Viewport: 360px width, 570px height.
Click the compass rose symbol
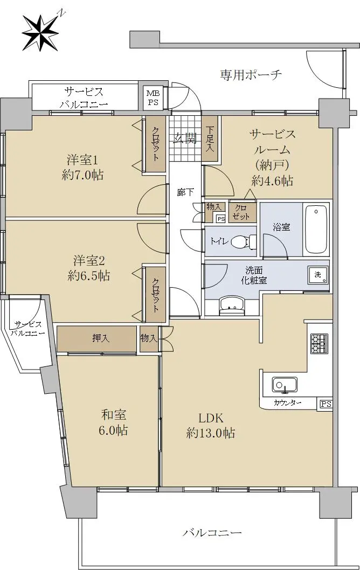click(x=40, y=33)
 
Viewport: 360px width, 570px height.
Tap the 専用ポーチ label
click(x=251, y=75)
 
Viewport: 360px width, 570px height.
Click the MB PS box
click(x=153, y=98)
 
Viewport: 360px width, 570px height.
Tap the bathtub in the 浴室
click(x=316, y=230)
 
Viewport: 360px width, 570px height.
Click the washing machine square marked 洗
click(x=318, y=275)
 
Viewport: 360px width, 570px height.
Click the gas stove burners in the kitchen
click(x=319, y=343)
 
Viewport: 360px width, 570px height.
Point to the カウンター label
click(x=288, y=403)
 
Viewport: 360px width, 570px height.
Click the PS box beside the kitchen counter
click(x=326, y=404)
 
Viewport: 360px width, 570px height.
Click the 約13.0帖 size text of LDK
click(x=211, y=433)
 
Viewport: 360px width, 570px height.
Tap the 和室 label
click(x=114, y=415)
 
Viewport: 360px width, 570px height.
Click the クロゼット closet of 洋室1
click(x=155, y=144)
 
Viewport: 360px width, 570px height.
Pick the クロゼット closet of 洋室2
click(x=155, y=295)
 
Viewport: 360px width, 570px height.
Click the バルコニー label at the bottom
click(x=212, y=533)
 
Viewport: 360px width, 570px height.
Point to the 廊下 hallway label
click(x=185, y=192)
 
